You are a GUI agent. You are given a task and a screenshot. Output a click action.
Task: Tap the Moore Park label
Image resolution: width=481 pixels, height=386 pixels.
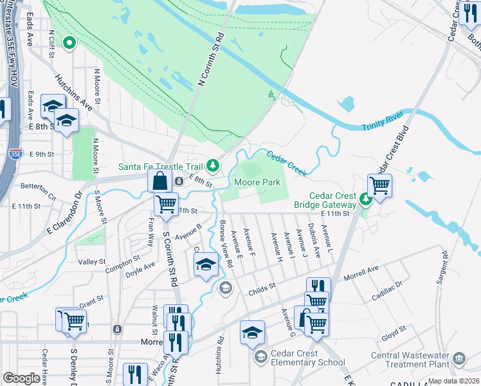(x=257, y=183)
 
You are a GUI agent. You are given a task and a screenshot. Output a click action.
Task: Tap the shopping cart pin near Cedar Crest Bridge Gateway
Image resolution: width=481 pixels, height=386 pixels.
(x=379, y=185)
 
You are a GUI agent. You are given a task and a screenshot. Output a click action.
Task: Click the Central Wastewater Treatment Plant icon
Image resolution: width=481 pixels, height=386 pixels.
(x=459, y=358)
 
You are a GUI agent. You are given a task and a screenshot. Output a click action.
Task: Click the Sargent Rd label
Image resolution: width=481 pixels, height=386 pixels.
(x=444, y=264)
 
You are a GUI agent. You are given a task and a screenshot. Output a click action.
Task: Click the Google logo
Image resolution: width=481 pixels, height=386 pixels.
(x=22, y=378)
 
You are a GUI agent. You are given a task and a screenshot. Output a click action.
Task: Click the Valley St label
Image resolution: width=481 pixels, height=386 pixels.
(x=92, y=262)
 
